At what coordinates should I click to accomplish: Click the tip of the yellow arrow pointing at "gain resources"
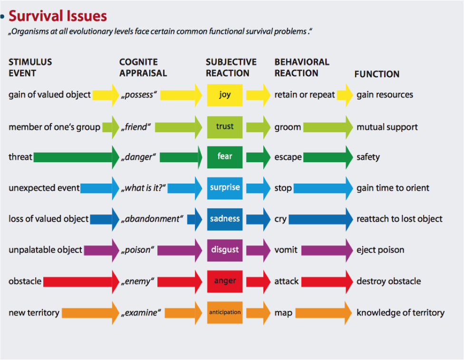353,95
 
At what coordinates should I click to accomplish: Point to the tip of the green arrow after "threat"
119,157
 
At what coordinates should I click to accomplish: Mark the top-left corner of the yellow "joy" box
207,84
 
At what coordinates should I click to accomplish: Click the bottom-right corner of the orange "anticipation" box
242,323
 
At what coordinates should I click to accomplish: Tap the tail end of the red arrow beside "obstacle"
44,281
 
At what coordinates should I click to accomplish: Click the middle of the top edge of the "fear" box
225,146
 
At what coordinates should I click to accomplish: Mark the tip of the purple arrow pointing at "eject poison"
353,250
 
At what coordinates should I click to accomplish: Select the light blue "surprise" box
225,188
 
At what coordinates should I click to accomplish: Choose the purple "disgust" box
225,250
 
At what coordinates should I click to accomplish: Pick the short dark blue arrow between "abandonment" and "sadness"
195,219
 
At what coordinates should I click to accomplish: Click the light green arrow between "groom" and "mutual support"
328,127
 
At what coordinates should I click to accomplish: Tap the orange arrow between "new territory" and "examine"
90,313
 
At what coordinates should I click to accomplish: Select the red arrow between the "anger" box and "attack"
258,281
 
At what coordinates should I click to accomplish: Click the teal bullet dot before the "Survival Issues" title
2,17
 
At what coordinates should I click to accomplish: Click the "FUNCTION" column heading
377,74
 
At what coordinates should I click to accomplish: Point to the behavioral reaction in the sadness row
280,219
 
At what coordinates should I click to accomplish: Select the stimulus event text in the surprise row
44,188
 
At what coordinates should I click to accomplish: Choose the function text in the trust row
387,127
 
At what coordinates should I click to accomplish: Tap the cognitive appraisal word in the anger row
137,281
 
